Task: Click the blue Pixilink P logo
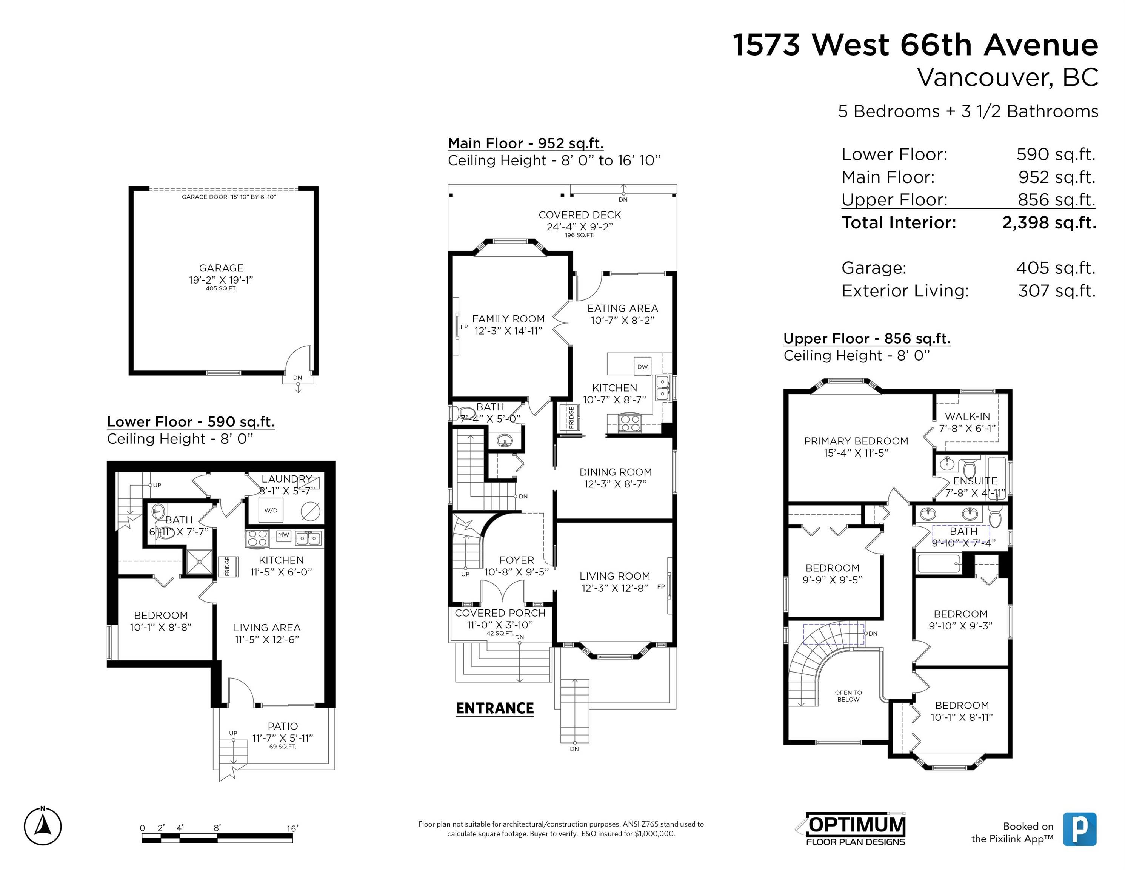tap(1080, 829)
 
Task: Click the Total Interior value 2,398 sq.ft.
tap(1049, 223)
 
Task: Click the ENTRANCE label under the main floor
tap(494, 708)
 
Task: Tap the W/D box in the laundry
tap(271, 510)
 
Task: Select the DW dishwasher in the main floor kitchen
tap(642, 366)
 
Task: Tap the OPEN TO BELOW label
tap(848, 696)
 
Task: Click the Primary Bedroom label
tap(856, 441)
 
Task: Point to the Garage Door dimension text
tap(229, 197)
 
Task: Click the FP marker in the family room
tap(463, 327)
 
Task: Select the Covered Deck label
tap(580, 215)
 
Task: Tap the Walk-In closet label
tap(967, 416)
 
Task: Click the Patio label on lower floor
tap(282, 726)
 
